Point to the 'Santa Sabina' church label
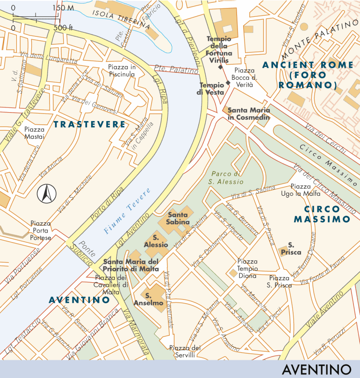pyautogui.click(x=179, y=218)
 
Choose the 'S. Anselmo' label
pyautogui.click(x=153, y=299)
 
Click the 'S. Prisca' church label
pyautogui.click(x=294, y=249)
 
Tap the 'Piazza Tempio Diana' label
pyautogui.click(x=247, y=268)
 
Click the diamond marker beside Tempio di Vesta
pyautogui.click(x=228, y=83)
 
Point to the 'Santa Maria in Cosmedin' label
pyautogui.click(x=248, y=114)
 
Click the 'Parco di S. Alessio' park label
pyautogui.click(x=225, y=177)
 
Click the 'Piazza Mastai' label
pyautogui.click(x=35, y=133)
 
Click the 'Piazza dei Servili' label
pyautogui.click(x=185, y=351)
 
